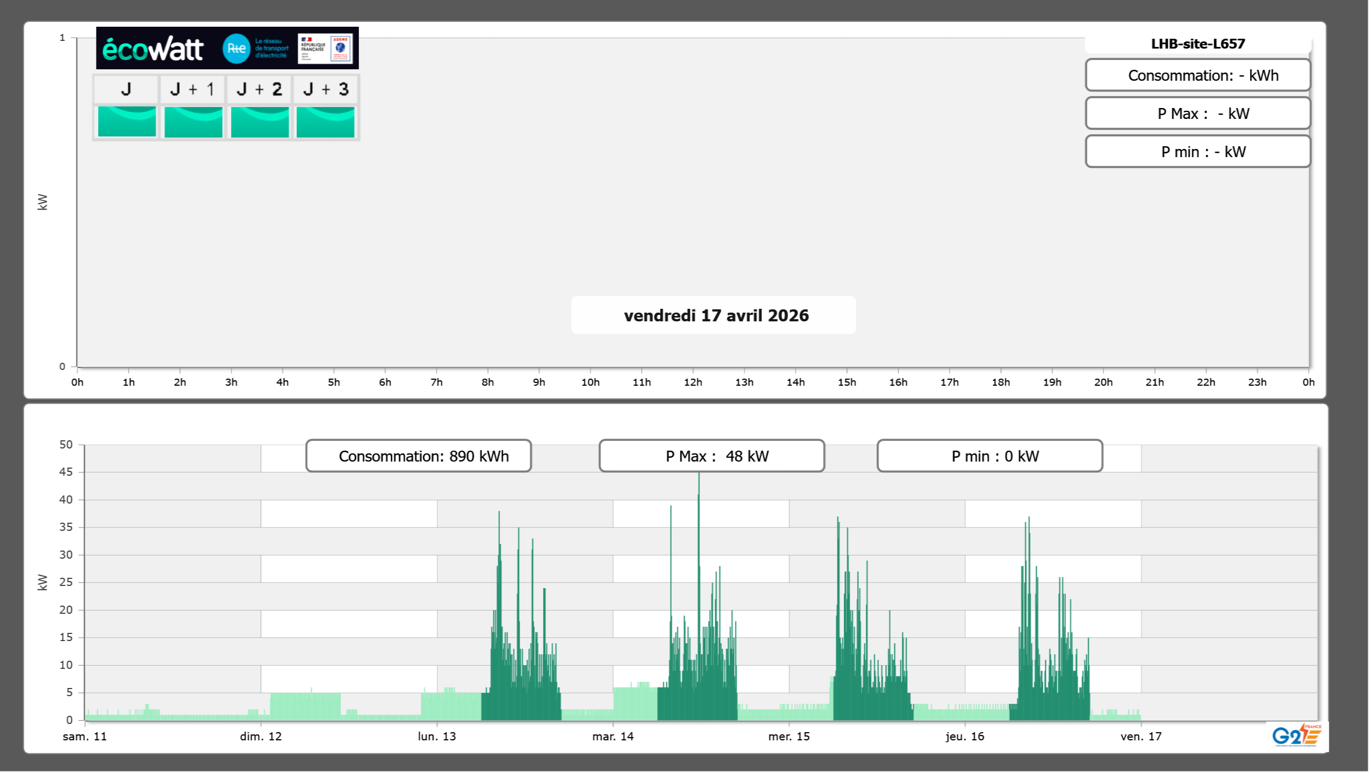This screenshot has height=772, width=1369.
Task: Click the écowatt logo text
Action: [x=153, y=49]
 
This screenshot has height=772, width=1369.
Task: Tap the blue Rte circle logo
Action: [x=236, y=49]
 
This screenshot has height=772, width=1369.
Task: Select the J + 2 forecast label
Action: [x=260, y=89]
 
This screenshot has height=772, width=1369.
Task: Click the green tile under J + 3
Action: [x=325, y=122]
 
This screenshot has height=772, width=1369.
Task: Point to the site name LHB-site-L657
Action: [x=1198, y=44]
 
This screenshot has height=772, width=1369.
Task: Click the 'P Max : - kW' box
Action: [x=1198, y=113]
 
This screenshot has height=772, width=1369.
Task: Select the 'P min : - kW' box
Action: [x=1198, y=152]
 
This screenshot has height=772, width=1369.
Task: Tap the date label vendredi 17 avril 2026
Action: [x=716, y=315]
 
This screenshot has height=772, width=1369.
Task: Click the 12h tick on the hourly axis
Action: [x=693, y=382]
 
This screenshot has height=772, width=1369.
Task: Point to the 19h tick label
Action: [x=1052, y=382]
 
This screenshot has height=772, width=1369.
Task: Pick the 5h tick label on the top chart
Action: [x=334, y=382]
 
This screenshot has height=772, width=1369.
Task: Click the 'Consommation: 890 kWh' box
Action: [x=419, y=456]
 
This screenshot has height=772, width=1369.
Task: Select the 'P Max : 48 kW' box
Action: [x=711, y=456]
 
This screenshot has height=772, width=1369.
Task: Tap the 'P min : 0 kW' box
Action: [x=990, y=456]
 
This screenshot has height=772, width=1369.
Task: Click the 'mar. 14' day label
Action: [x=613, y=737]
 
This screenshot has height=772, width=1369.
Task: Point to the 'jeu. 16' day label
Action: [x=964, y=737]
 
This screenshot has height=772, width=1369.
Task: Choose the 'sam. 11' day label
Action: [x=85, y=737]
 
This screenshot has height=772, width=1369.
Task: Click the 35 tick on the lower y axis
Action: [x=66, y=527]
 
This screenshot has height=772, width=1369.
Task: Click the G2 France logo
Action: [x=1296, y=735]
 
